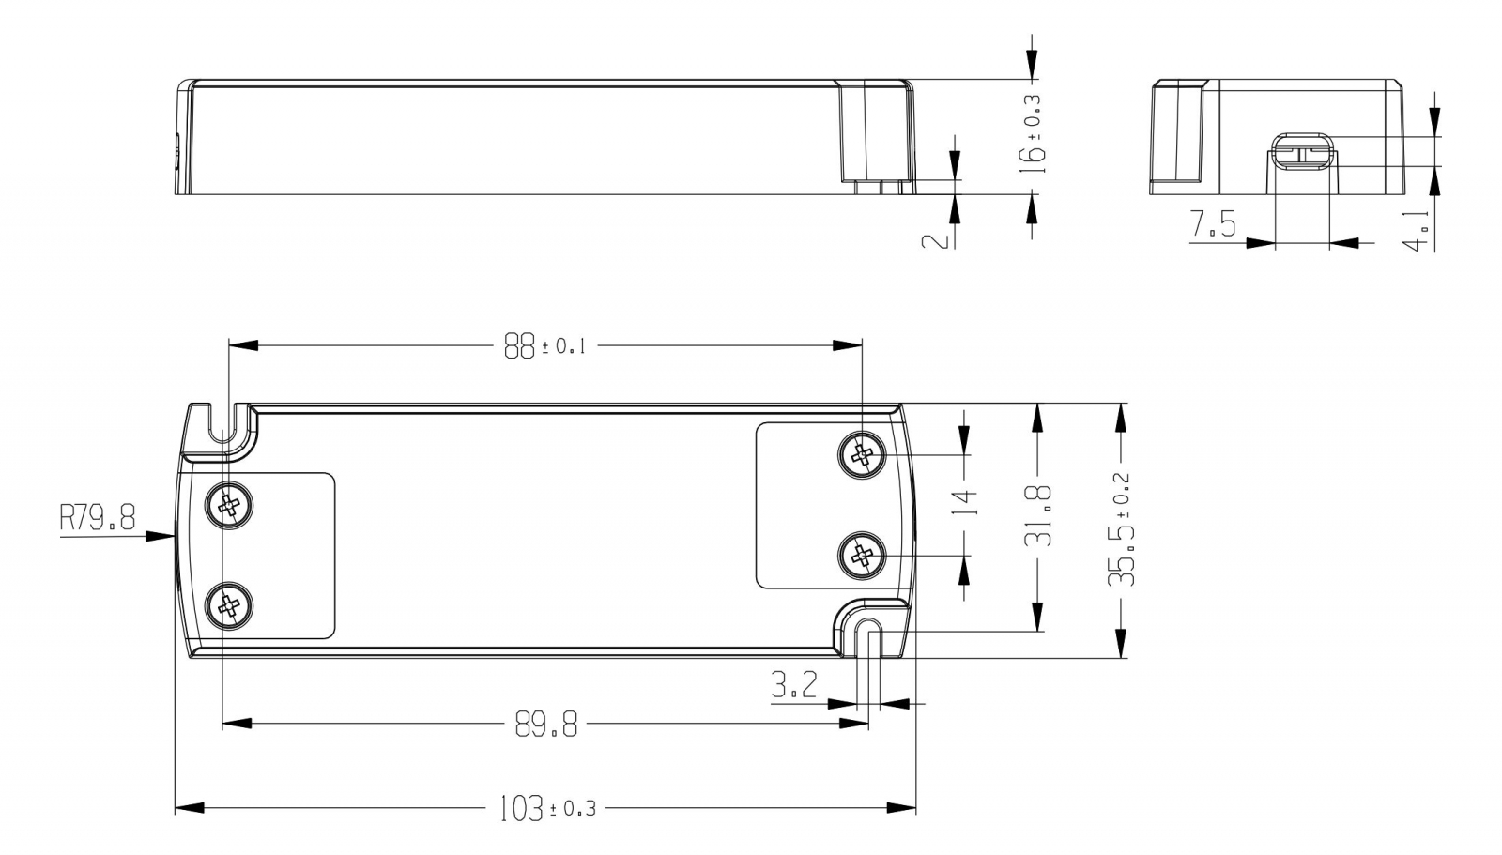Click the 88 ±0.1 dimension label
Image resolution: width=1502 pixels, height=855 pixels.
pyautogui.click(x=545, y=346)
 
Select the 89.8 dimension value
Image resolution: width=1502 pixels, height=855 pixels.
pyautogui.click(x=545, y=725)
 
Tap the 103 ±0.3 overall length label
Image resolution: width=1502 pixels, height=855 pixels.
pyautogui.click(x=548, y=808)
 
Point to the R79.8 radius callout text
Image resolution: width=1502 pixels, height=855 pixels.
pyautogui.click(x=98, y=518)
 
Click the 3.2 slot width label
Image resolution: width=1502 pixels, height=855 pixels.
pyautogui.click(x=794, y=685)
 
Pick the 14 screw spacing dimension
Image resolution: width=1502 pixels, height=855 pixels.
pyautogui.click(x=964, y=502)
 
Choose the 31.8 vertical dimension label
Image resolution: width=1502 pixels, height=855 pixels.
pyautogui.click(x=1038, y=516)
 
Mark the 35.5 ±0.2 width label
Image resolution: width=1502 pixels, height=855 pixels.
pyautogui.click(x=1121, y=529)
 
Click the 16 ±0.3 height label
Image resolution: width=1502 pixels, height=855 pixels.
pyautogui.click(x=1032, y=134)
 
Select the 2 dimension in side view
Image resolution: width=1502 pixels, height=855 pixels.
pyautogui.click(x=936, y=241)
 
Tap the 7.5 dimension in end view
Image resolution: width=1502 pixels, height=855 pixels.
pyautogui.click(x=1212, y=223)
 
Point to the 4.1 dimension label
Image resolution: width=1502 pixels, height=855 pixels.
pyautogui.click(x=1417, y=232)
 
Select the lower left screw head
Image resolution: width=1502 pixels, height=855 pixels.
pyautogui.click(x=229, y=605)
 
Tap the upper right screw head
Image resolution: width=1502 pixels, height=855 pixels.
pyautogui.click(x=863, y=454)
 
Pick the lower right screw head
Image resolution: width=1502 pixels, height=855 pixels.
pyautogui.click(x=863, y=556)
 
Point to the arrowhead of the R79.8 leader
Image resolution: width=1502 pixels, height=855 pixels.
pyautogui.click(x=161, y=536)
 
